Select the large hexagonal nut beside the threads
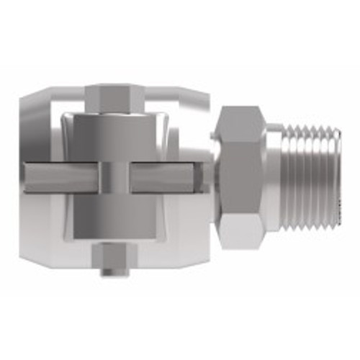coord(243,176)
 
